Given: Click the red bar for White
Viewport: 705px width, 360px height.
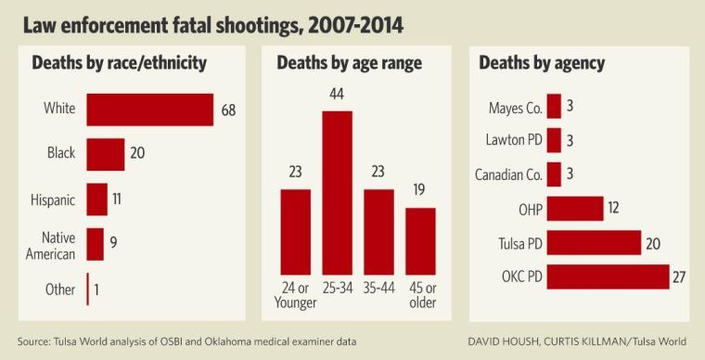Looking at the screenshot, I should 150,109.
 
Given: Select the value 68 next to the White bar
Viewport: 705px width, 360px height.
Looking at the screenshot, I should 229,110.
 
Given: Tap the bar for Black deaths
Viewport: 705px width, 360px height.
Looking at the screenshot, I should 106,154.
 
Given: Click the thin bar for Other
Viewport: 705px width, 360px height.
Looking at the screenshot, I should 88,289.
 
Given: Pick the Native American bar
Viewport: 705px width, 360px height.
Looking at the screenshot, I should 96,244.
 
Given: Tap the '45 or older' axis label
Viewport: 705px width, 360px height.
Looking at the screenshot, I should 420,294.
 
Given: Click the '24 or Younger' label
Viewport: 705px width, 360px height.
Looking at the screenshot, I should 295,294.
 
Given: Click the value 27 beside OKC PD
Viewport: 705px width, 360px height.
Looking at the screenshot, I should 682,277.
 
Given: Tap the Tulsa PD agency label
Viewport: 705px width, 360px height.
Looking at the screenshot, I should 516,243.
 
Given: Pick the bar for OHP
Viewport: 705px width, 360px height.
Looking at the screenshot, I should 575,209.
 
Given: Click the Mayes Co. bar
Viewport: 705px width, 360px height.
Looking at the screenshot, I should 554,107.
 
